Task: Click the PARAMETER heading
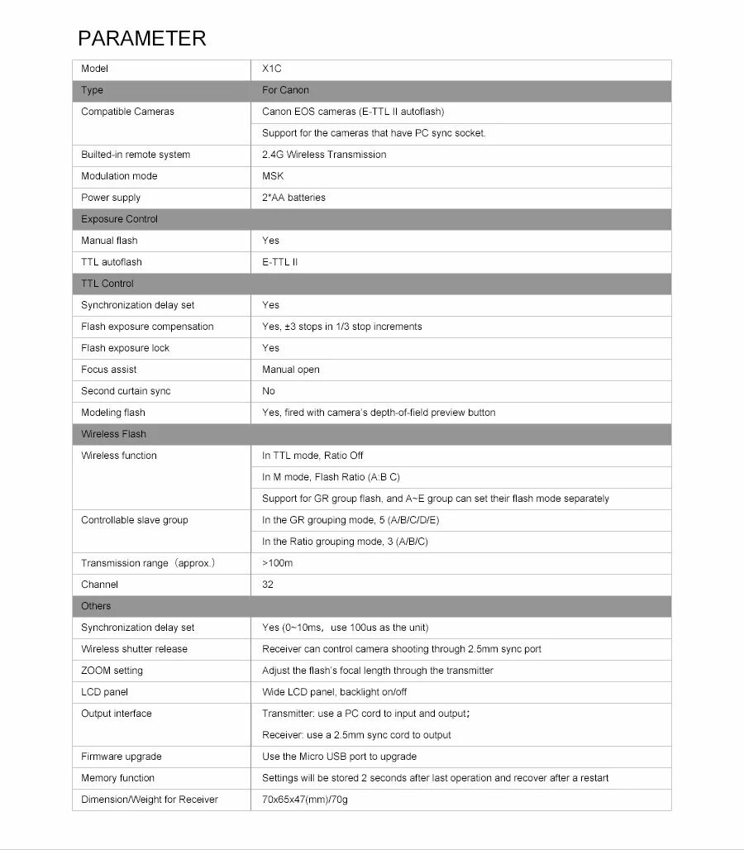click(x=141, y=38)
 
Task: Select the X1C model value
click(x=272, y=69)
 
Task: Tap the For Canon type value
click(x=285, y=90)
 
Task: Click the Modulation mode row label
click(x=119, y=176)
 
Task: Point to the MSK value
click(x=273, y=176)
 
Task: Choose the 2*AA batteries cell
click(x=293, y=198)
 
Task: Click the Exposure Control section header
click(x=119, y=219)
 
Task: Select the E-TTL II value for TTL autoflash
click(x=280, y=262)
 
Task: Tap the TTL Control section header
click(x=107, y=284)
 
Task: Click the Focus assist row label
click(x=109, y=370)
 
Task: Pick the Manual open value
click(x=290, y=370)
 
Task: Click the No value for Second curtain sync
click(x=269, y=391)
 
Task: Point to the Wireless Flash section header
click(x=113, y=434)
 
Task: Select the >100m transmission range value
click(x=278, y=563)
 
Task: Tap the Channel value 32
click(x=268, y=585)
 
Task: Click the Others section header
click(x=96, y=606)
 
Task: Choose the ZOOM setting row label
click(x=112, y=671)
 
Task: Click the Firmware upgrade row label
click(x=121, y=757)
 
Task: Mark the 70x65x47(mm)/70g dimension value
click(x=305, y=800)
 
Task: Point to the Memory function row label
click(x=117, y=778)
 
